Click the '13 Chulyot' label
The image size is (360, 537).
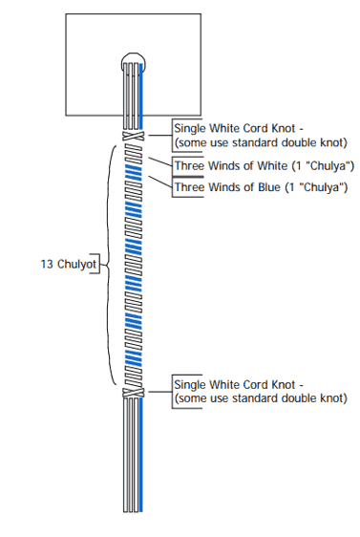69,264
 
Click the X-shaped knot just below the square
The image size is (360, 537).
134,136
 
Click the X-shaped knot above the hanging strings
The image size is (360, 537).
134,393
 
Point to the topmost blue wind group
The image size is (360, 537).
134,172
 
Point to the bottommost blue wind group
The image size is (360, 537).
134,358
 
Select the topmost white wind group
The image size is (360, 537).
134,153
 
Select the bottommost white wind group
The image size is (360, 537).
134,377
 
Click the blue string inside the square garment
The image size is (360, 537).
141,91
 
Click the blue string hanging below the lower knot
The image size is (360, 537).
141,455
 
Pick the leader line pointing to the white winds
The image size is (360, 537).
160,162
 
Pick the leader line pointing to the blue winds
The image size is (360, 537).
160,182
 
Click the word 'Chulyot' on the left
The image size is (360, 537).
77,264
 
